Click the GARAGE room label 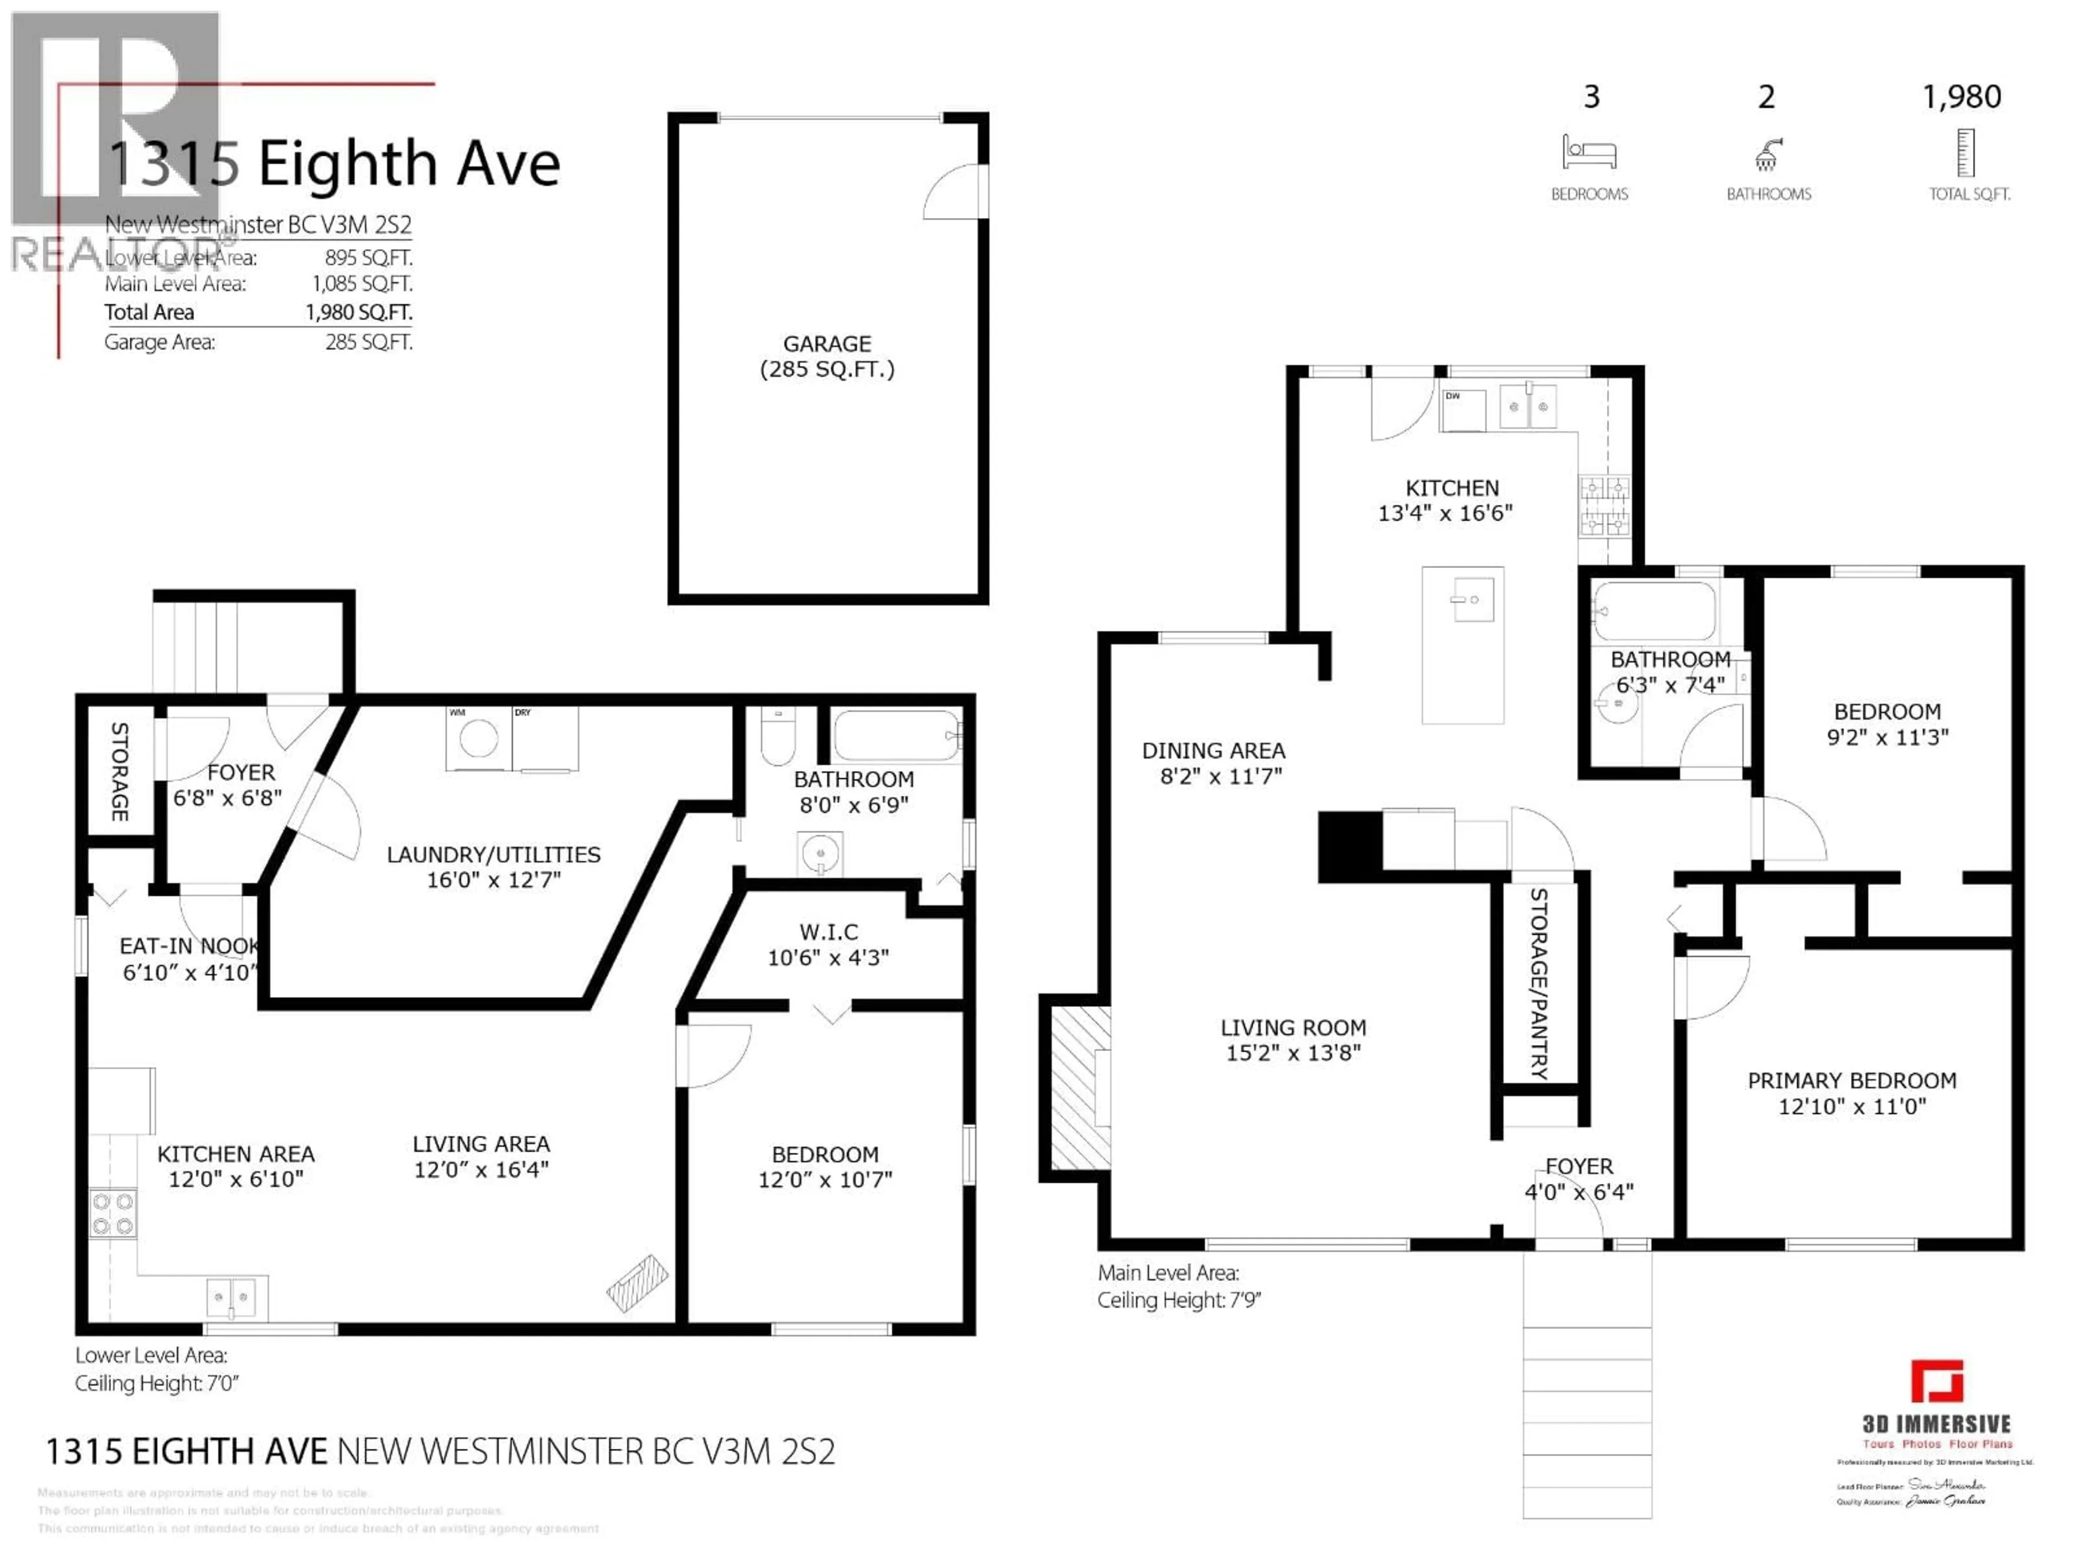coord(826,344)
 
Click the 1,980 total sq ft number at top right coord(1961,97)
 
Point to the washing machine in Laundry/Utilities coord(478,739)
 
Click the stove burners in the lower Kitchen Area coord(113,1213)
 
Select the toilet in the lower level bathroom coord(777,739)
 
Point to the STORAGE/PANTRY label coord(1539,983)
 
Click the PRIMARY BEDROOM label coord(1851,1081)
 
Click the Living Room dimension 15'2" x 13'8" coord(1293,1053)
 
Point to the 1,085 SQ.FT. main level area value coord(362,283)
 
